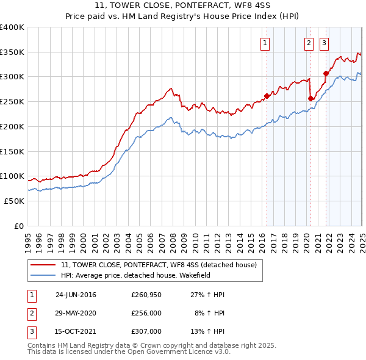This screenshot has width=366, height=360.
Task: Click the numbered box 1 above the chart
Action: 266,43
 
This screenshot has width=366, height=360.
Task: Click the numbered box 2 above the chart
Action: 309,43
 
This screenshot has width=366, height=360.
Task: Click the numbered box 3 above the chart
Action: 323,43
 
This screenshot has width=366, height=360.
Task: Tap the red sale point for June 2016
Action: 267,96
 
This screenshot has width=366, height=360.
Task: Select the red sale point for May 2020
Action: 310,98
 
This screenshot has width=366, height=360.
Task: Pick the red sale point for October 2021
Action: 326,73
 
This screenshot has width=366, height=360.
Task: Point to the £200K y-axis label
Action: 12,126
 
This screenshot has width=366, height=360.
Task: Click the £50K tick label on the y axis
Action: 15,201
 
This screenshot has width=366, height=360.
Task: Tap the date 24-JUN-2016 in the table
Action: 76,295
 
